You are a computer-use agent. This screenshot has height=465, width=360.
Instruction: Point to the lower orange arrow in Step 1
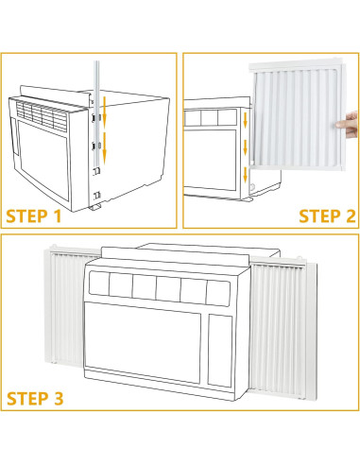click(104, 146)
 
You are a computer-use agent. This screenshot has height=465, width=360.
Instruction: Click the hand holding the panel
click(350, 119)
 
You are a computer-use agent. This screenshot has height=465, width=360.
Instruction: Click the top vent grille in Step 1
click(43, 113)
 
